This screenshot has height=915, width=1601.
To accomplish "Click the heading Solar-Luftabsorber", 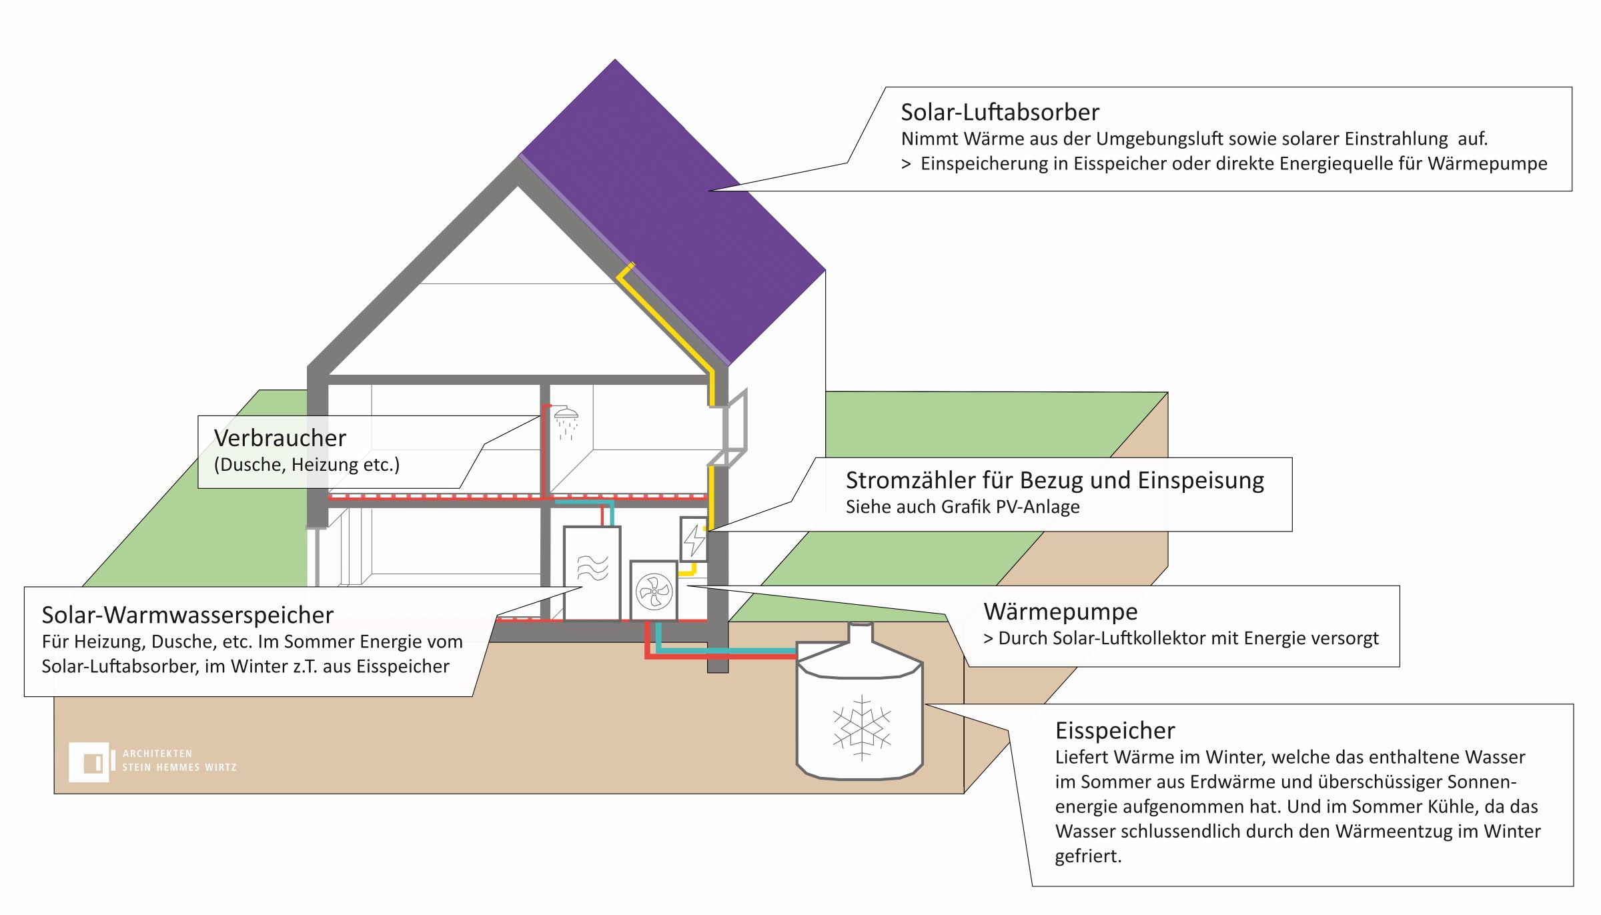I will [999, 112].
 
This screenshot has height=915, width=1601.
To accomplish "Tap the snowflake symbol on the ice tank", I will [861, 728].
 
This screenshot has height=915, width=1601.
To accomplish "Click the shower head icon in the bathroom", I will [566, 413].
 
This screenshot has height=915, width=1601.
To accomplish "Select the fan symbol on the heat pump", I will [654, 592].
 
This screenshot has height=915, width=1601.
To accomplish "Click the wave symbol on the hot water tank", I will [592, 568].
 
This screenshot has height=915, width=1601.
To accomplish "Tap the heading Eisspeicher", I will [1115, 731].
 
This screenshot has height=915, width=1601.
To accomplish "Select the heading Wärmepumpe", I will [1060, 612].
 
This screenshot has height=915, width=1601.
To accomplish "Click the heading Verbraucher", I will [280, 438].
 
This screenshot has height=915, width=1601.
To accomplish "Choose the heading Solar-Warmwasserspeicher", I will [187, 615].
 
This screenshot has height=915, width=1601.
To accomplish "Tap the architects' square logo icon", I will [89, 762].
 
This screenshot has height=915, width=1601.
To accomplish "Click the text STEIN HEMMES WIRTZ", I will [179, 768].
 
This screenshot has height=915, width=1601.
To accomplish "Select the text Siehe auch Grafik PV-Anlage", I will [962, 507].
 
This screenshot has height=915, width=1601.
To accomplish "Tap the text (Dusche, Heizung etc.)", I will [306, 465].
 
